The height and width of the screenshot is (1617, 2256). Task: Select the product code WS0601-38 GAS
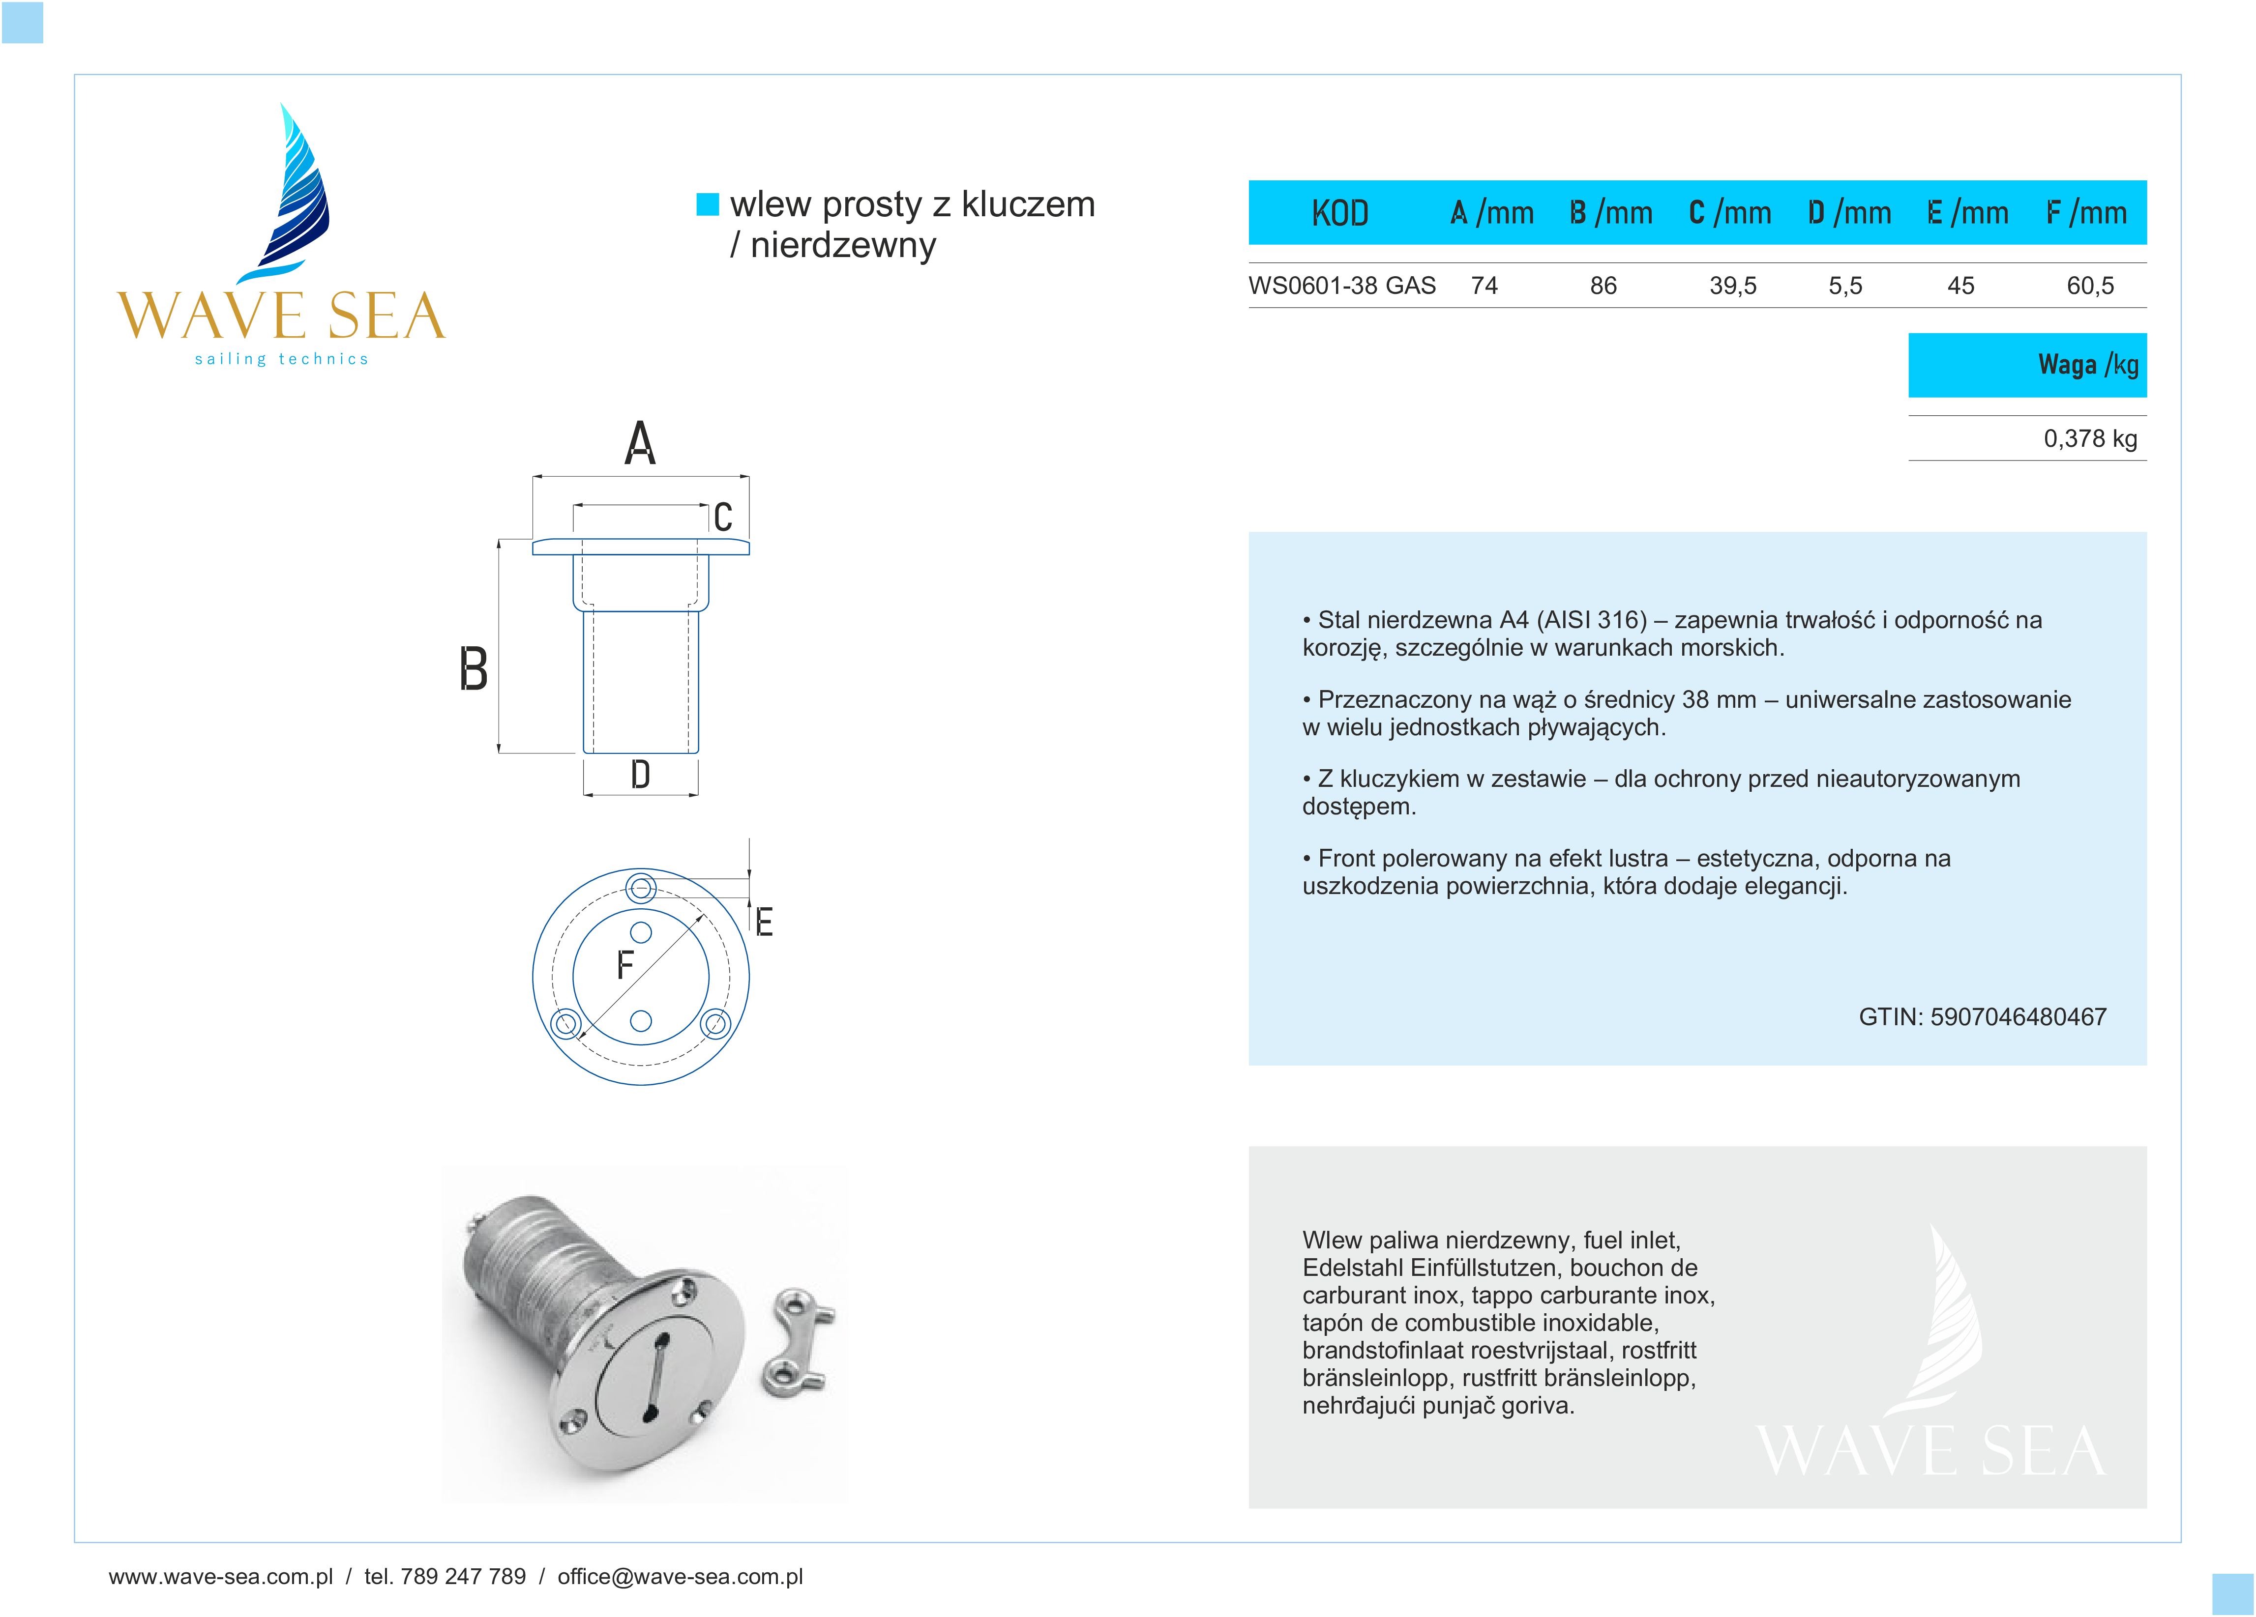pyautogui.click(x=1342, y=287)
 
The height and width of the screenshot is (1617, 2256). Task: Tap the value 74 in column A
pyautogui.click(x=1484, y=287)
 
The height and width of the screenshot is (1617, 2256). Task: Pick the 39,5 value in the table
pyautogui.click(x=1733, y=287)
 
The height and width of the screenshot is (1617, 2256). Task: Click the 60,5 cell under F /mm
pyautogui.click(x=2090, y=287)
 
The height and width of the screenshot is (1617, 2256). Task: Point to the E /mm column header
pyautogui.click(x=1967, y=213)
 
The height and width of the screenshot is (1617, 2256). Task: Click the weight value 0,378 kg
pyautogui.click(x=2090, y=438)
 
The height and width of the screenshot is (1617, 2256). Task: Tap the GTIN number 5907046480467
pyautogui.click(x=2017, y=1016)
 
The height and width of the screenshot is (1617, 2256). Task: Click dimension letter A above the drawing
pyautogui.click(x=640, y=443)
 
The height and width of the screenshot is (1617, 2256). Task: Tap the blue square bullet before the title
pyautogui.click(x=707, y=204)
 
